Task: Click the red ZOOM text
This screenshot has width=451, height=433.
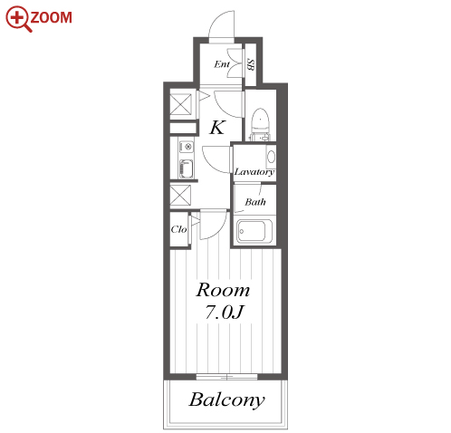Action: pos(51,17)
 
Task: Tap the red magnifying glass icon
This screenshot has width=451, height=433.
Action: pos(19,19)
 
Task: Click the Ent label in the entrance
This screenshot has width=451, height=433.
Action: pos(222,64)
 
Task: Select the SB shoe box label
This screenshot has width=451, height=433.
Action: pos(250,64)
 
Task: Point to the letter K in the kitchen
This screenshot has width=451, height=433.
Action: pos(217,127)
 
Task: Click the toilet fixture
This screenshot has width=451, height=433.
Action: pos(260,124)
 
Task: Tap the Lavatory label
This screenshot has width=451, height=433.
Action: pos(254,172)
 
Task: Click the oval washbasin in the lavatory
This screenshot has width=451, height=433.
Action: pos(271,157)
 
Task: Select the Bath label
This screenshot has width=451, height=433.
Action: pos(255,202)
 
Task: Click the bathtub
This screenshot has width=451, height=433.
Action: pos(254,231)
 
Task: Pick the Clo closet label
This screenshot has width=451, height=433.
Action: pos(178,229)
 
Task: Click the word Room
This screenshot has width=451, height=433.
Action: pos(223,290)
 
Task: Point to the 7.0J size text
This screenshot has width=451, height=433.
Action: pos(225,313)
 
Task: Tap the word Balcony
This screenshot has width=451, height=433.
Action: pos(226,400)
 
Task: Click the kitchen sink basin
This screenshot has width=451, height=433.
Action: pos(186,168)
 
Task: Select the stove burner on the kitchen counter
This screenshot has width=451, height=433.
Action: pos(187,147)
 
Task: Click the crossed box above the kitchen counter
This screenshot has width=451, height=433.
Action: pos(180,104)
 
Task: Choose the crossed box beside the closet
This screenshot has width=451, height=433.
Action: pos(180,196)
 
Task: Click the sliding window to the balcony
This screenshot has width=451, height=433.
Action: pos(226,377)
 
